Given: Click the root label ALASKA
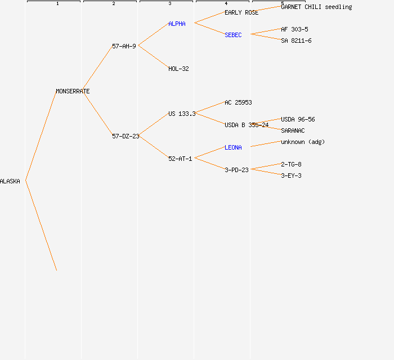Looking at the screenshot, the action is [x=10, y=181].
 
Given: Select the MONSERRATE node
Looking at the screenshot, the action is [x=73, y=91].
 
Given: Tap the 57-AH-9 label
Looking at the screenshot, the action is [x=124, y=46].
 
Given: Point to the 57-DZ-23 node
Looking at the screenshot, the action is [x=126, y=136].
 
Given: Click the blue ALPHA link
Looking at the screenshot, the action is [x=177, y=24].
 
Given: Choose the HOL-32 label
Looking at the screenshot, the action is [x=178, y=69].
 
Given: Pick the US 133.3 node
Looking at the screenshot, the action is [x=182, y=114].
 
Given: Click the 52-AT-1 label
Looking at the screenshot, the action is [x=180, y=159].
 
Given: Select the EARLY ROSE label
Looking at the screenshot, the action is [x=241, y=12].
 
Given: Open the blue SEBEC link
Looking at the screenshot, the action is [x=233, y=35].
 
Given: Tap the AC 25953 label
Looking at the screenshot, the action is [x=238, y=102].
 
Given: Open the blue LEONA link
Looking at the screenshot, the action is [x=233, y=147].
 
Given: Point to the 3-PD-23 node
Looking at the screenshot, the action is [x=236, y=170].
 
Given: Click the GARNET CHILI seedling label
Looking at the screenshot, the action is [x=316, y=7].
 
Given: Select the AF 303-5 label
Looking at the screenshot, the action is [x=294, y=29].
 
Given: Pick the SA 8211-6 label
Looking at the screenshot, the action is [x=296, y=40].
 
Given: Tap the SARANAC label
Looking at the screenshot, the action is [x=293, y=131].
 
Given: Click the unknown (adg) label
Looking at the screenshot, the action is [x=303, y=142].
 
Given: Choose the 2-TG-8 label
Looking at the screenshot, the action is [x=291, y=164].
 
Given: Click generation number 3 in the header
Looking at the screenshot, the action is [x=170, y=3].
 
